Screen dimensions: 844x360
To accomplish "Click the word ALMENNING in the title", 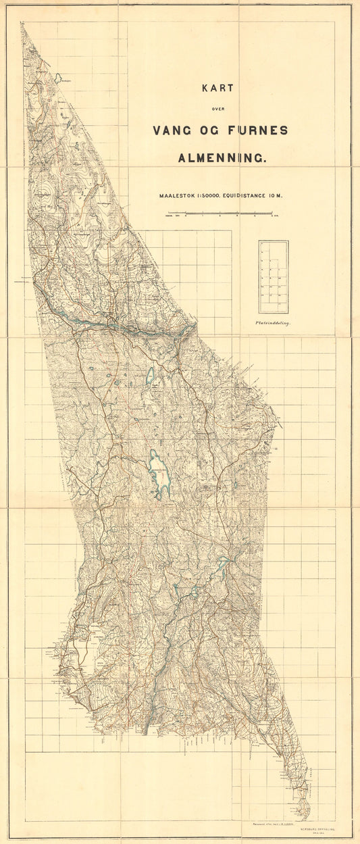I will point(222,159).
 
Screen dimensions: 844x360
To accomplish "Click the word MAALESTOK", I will point(178,196).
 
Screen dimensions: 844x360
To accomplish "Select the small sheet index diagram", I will point(273,277).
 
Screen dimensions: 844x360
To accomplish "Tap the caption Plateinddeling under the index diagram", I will point(273,324).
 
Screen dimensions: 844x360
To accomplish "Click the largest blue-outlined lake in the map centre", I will point(160,474).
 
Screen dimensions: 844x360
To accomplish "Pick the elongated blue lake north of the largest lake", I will point(151,375).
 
